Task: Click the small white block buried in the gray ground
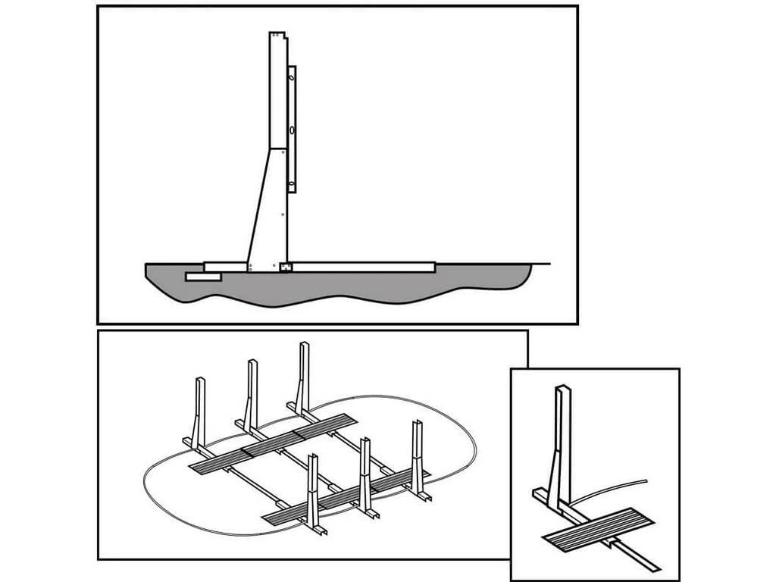(x=202, y=277)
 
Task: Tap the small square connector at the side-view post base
(x=285, y=266)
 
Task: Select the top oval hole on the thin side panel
(x=290, y=76)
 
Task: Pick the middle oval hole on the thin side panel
(x=291, y=131)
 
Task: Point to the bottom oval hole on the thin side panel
(x=291, y=183)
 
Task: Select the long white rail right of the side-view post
(x=364, y=267)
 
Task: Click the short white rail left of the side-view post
(x=225, y=267)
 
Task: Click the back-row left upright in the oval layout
(x=201, y=409)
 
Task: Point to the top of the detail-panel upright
(x=562, y=391)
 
